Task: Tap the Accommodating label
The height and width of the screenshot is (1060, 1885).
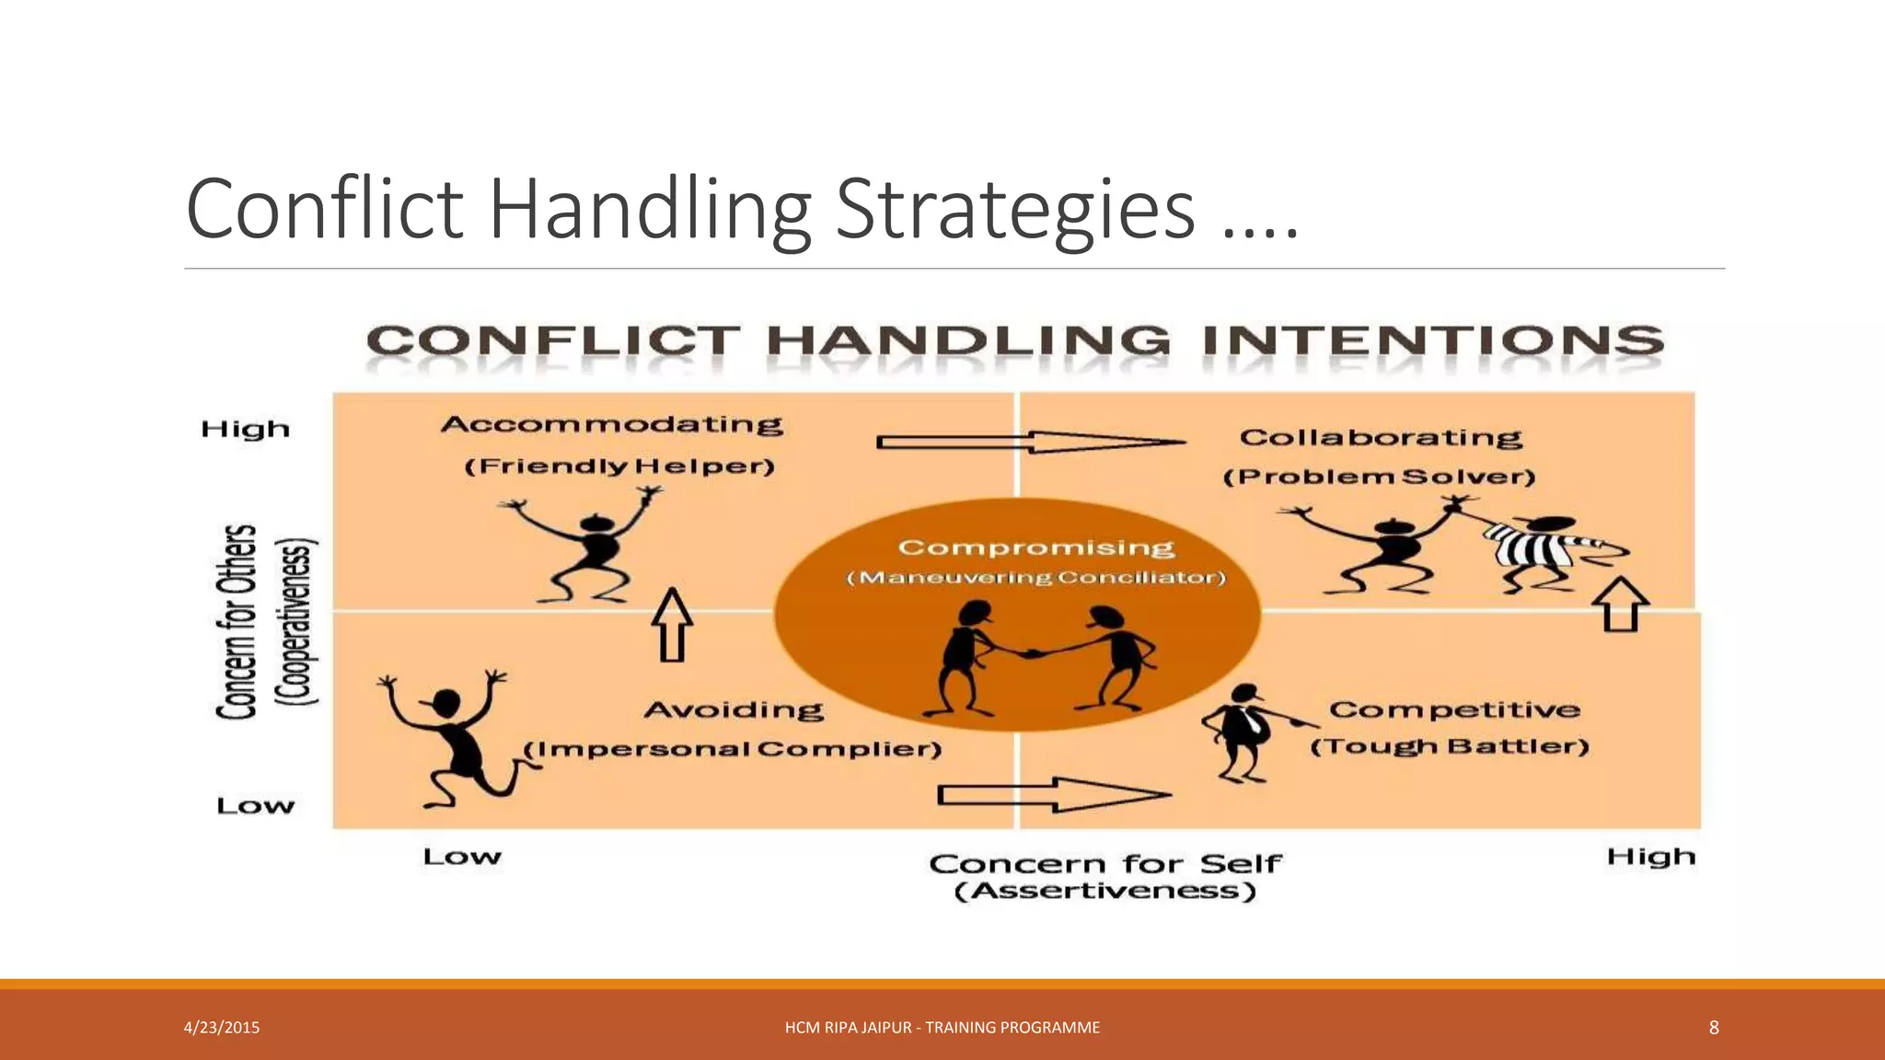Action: click(x=612, y=424)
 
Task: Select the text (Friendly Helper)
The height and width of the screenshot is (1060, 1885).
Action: click(x=619, y=467)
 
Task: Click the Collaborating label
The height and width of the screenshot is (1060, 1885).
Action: click(x=1381, y=438)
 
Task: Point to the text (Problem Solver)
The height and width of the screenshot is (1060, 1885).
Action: click(x=1379, y=477)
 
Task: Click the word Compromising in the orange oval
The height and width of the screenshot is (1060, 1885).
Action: click(x=1035, y=547)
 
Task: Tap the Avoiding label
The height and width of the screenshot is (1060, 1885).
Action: click(x=734, y=710)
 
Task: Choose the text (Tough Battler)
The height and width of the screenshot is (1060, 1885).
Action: click(x=1450, y=746)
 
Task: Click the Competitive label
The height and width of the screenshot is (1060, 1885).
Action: click(x=1454, y=710)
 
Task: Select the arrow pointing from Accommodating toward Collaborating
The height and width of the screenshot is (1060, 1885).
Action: click(x=1031, y=443)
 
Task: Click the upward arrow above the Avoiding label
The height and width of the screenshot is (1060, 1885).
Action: click(x=672, y=625)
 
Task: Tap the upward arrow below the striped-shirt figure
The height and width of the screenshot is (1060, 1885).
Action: click(x=1621, y=605)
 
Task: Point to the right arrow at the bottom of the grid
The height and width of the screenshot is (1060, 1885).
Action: click(x=1054, y=794)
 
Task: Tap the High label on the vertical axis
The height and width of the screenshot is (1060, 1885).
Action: click(x=245, y=430)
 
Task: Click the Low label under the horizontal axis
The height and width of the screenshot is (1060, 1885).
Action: click(x=462, y=858)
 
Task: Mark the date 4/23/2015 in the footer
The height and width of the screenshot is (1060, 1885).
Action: click(x=222, y=1028)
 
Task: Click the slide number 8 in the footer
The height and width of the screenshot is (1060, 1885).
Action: click(x=1713, y=1028)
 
